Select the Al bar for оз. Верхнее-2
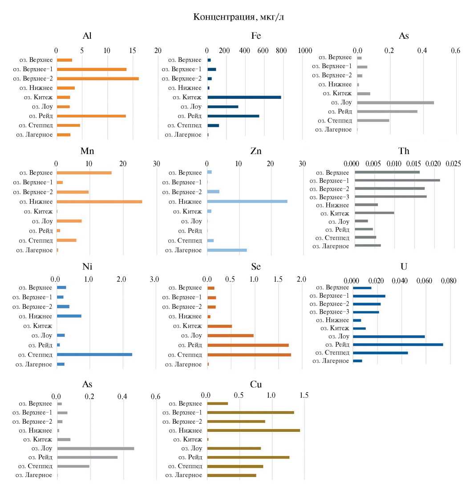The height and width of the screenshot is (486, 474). [98, 79]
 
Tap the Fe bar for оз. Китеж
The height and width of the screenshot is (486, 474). [244, 97]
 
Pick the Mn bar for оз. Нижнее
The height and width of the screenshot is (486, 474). [99, 202]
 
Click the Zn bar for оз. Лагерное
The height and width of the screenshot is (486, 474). [227, 250]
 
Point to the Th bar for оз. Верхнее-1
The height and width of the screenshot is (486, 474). [397, 180]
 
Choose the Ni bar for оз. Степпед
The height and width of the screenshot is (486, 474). [94, 354]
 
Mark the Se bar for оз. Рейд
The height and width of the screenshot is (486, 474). [248, 345]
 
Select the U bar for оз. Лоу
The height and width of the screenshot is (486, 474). [389, 336]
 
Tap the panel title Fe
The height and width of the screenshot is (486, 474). [256, 36]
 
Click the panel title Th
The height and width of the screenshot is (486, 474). [404, 151]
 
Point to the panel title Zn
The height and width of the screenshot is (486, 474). [256, 151]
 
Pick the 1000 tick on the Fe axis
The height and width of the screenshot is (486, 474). [305, 51]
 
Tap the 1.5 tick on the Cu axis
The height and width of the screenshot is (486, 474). [304, 395]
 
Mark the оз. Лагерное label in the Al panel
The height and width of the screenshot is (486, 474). [34, 135]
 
